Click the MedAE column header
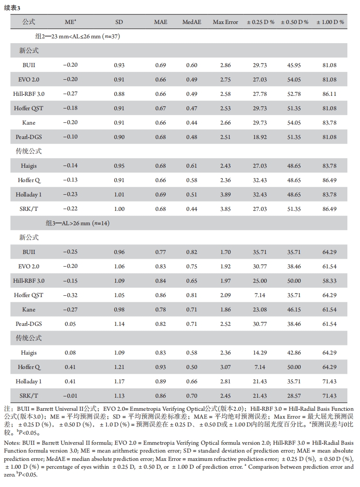coord(192,22)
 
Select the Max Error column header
coord(225,22)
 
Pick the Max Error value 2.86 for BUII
coord(225,65)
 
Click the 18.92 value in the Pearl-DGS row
coord(260,137)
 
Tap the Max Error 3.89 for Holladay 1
coord(225,195)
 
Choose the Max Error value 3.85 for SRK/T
coord(225,209)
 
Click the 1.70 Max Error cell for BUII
coord(225,252)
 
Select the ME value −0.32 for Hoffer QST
coord(70,295)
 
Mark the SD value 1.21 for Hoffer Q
coord(119,367)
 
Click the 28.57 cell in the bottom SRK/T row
coord(295,396)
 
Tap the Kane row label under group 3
coord(29,310)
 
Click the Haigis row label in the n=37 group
coord(29,166)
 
